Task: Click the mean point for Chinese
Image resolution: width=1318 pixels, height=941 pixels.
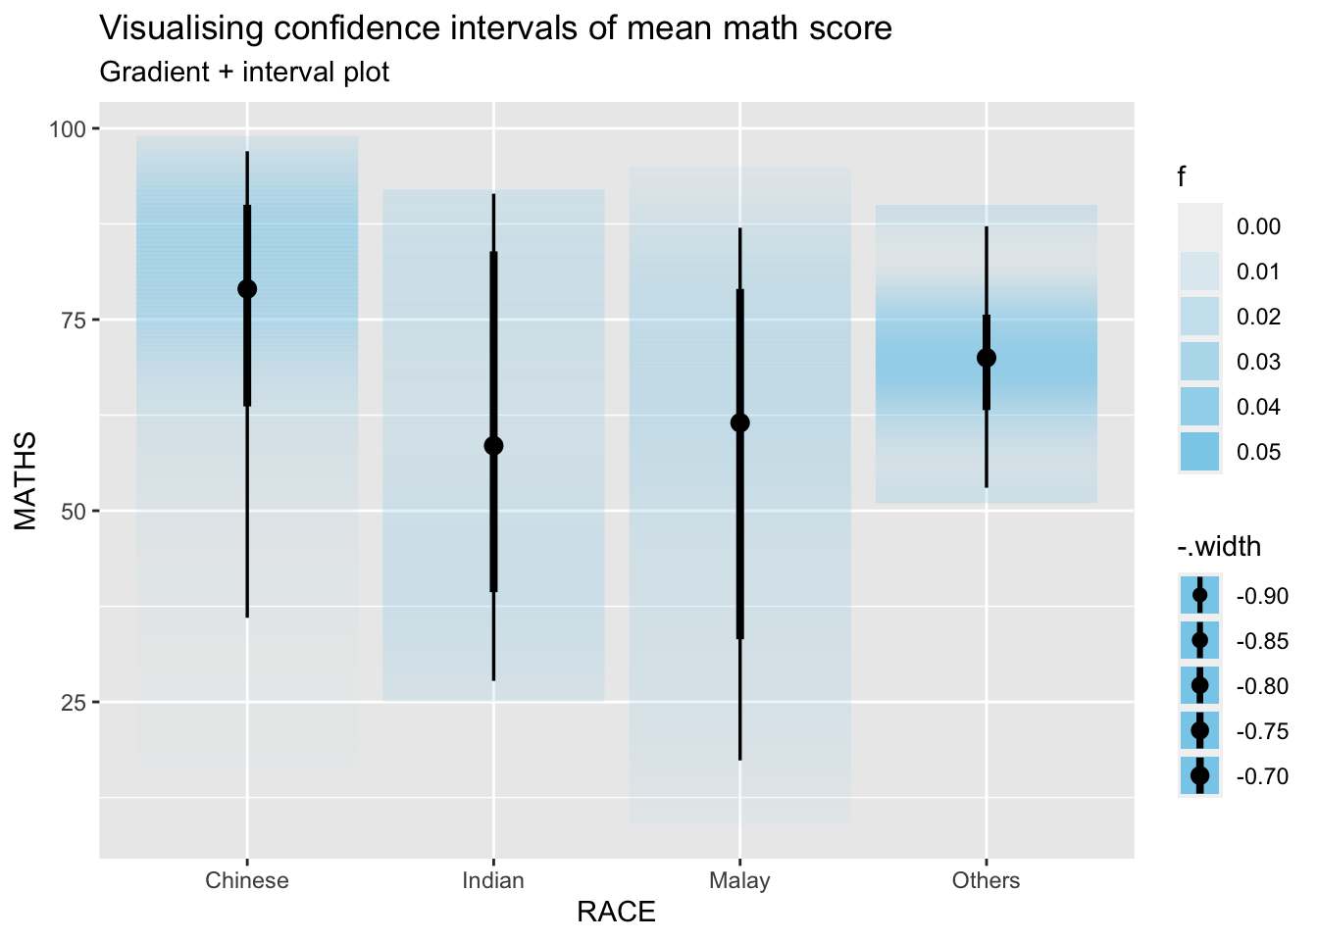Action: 247,288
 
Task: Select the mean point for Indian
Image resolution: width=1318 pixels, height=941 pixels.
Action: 493,446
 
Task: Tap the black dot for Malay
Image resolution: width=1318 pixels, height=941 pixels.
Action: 740,422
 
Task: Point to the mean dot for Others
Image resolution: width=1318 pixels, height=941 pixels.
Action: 987,358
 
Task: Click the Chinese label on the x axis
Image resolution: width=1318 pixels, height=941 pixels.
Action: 247,880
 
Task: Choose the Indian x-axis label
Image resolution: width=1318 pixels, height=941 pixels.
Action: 493,880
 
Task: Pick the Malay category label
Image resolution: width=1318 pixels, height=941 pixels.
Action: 740,880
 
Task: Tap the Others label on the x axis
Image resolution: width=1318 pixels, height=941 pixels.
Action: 987,880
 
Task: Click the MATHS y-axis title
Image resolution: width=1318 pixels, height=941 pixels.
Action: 25,481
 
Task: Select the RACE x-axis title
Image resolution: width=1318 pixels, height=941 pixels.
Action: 616,913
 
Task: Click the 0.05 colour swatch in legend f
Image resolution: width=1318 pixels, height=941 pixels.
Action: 1199,452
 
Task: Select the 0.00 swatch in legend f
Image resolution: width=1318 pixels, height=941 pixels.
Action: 1199,226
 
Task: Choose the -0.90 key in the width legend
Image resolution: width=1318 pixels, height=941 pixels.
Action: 1199,595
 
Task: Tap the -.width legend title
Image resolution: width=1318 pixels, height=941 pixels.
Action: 1219,546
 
